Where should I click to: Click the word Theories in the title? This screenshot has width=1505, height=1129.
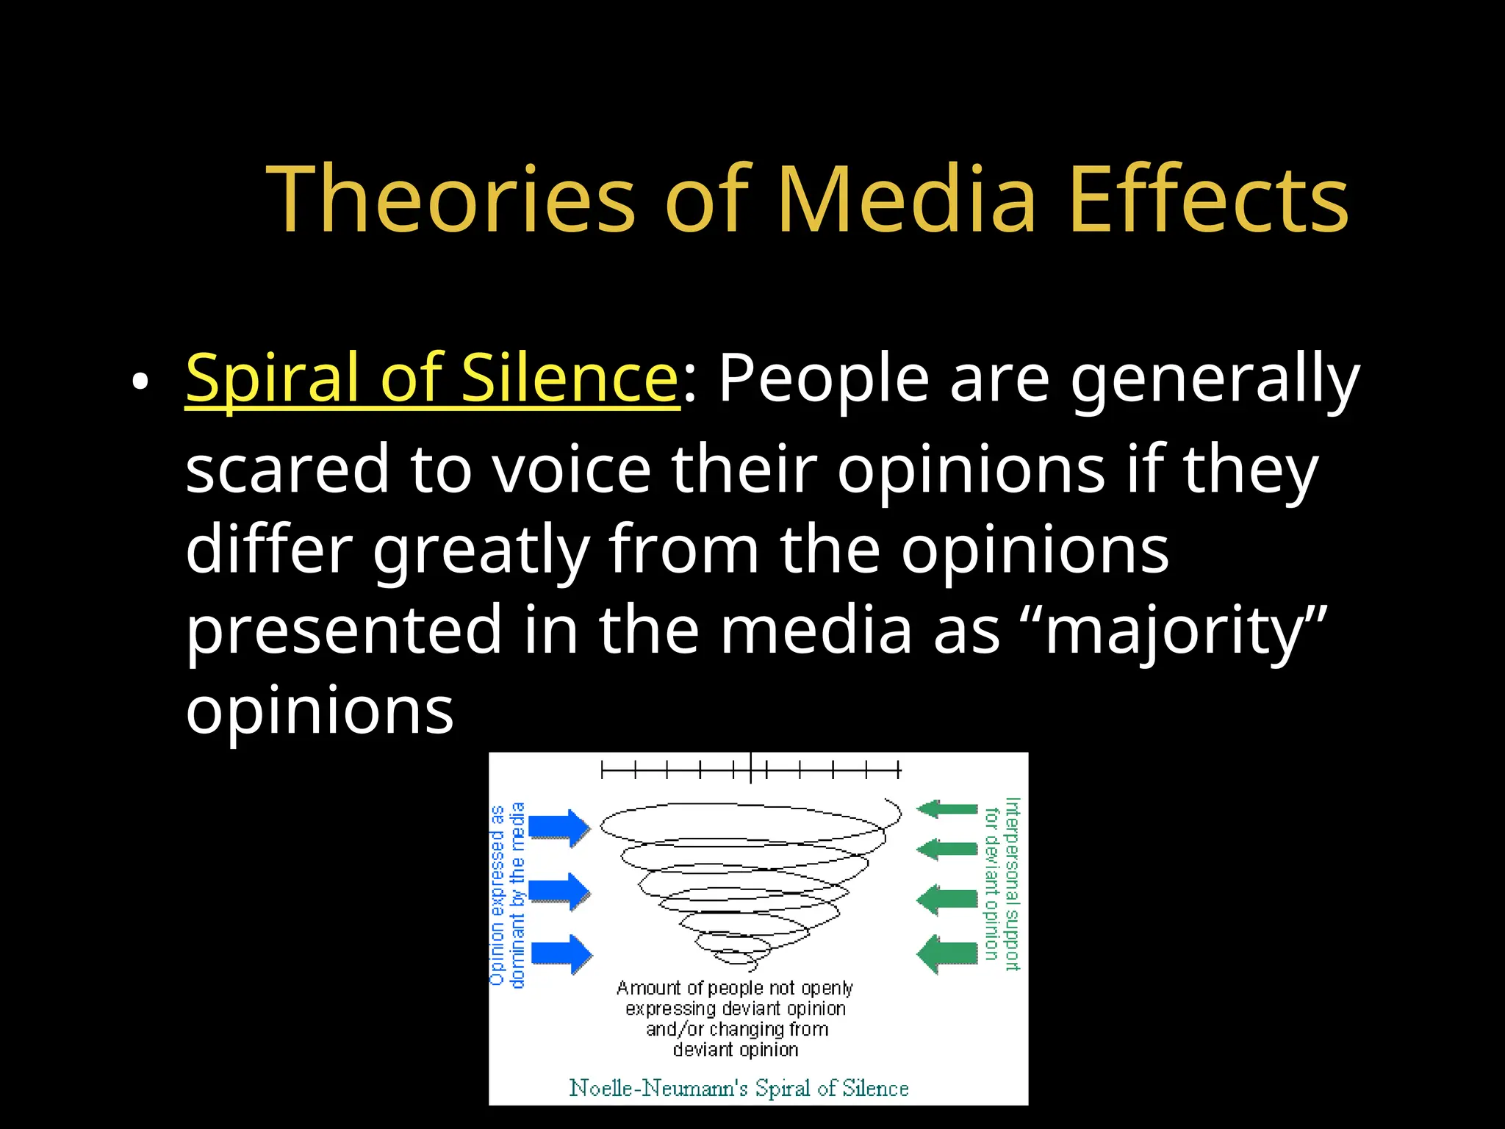[450, 200]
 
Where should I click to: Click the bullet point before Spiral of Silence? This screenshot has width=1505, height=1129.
[140, 382]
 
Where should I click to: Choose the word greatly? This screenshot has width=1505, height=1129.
[481, 551]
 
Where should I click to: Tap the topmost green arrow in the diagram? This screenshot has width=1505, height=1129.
[948, 809]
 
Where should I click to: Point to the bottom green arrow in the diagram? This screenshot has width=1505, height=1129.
[948, 954]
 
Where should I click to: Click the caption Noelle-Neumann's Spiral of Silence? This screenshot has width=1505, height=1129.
[739, 1088]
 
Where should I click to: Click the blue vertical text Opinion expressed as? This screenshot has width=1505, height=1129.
[498, 895]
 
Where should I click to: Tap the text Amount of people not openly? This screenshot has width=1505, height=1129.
[735, 988]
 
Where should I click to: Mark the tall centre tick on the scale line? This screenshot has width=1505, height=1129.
[750, 769]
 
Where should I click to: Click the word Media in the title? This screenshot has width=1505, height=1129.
[906, 200]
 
